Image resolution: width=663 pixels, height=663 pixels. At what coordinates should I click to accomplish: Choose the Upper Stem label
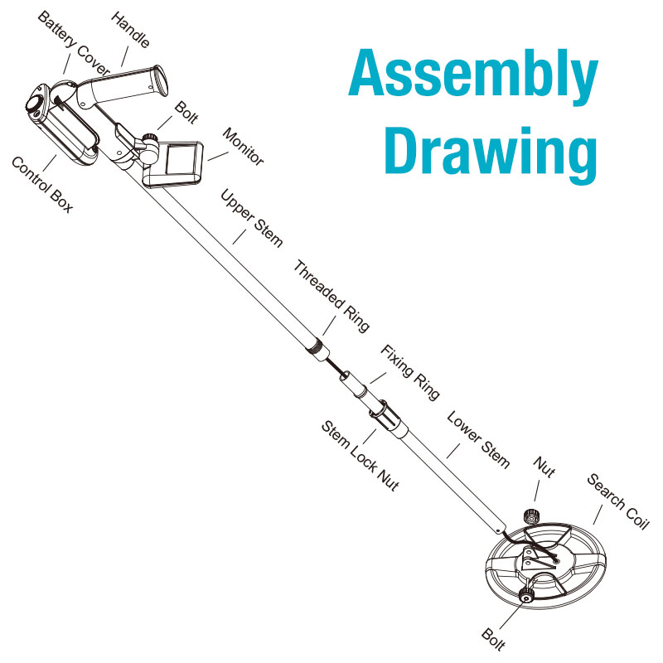tap(252, 217)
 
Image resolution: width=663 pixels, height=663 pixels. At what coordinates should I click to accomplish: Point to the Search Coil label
tap(618, 501)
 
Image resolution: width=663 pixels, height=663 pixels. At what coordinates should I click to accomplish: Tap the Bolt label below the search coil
tap(492, 639)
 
